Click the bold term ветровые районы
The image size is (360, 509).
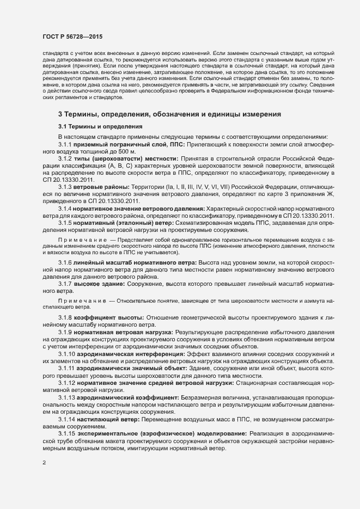100,201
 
